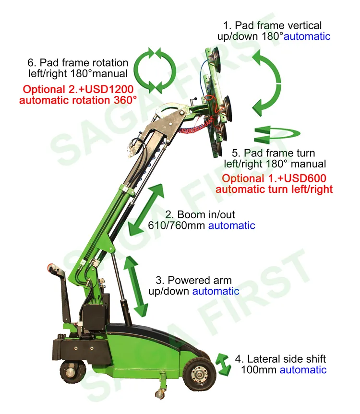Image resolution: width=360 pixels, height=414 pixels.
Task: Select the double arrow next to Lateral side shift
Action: pyautogui.click(x=222, y=364)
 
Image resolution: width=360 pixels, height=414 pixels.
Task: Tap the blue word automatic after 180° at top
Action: pyautogui.click(x=307, y=36)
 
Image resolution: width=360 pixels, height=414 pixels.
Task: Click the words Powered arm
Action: pyautogui.click(x=201, y=280)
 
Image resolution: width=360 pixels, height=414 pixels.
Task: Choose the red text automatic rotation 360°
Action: pyautogui.click(x=77, y=100)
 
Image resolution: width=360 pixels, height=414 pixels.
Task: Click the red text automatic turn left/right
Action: pyautogui.click(x=274, y=189)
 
